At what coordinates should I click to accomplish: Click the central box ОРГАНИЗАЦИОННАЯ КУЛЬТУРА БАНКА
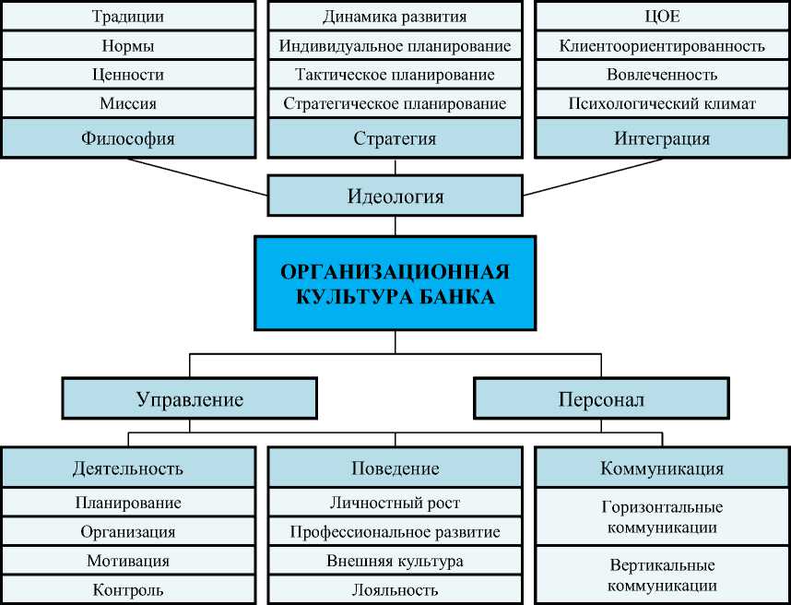click(395, 284)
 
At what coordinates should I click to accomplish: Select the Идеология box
click(395, 196)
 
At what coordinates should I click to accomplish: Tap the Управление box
click(190, 399)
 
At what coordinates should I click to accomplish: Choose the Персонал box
click(601, 399)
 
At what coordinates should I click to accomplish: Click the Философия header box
click(127, 138)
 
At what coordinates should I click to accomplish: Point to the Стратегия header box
click(395, 138)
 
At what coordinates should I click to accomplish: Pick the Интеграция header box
click(662, 138)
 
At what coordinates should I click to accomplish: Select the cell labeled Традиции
click(127, 17)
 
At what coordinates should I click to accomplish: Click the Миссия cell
click(127, 104)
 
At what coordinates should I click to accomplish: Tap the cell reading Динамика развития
click(395, 17)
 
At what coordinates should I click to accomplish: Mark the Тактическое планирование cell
click(395, 75)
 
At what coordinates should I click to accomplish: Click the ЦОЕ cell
click(662, 17)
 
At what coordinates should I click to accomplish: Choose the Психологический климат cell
click(662, 104)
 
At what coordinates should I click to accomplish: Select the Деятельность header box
click(127, 468)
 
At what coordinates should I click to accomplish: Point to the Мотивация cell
click(127, 561)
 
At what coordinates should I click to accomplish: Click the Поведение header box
click(395, 468)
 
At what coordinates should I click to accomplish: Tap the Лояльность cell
click(395, 590)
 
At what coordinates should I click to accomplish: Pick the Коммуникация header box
click(662, 468)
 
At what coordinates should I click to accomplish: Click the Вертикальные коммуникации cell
click(662, 575)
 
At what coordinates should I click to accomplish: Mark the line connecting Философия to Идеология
click(198, 176)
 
